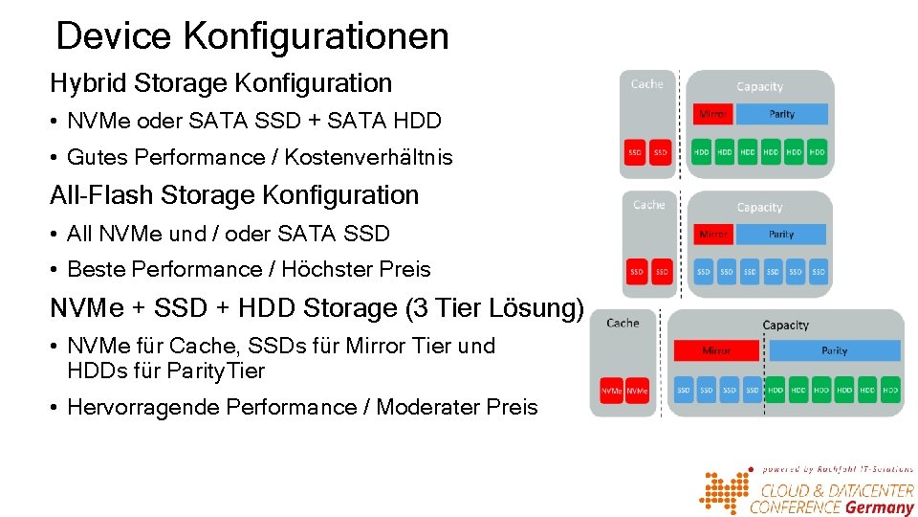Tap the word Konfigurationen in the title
coord(315,36)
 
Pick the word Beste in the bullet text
coord(94,270)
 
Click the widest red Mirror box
coord(716,350)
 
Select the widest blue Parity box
coord(835,350)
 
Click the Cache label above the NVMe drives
coord(623,324)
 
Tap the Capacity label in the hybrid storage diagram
coord(759,87)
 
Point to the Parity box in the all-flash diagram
coord(781,235)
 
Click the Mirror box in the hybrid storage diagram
coord(712,114)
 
